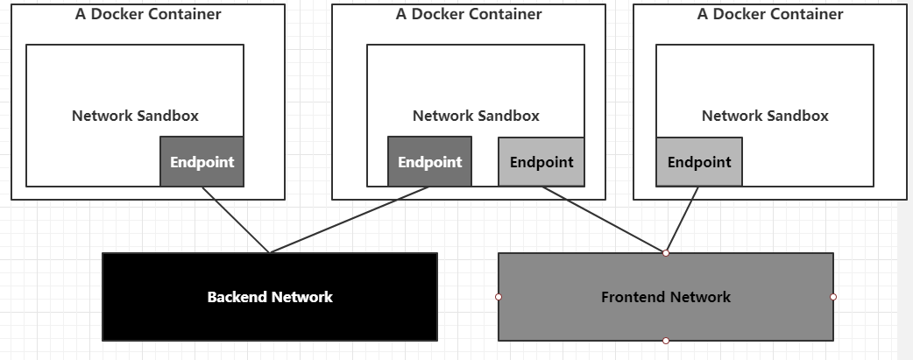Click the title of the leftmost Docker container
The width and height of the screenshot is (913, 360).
tap(147, 14)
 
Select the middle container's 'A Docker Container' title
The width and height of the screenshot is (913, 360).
tap(468, 14)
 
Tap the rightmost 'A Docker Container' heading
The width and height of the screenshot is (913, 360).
tap(769, 14)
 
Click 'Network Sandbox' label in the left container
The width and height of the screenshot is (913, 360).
tap(135, 116)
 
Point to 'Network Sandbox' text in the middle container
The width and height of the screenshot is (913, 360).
tap(476, 116)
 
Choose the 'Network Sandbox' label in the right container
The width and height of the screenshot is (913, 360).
tap(765, 116)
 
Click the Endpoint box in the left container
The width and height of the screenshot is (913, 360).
tap(202, 162)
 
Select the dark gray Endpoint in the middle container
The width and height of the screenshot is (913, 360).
tap(429, 162)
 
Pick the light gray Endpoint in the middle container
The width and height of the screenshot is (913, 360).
tap(541, 162)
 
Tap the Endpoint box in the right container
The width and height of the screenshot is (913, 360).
tap(699, 162)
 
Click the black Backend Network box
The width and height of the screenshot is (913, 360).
tap(270, 297)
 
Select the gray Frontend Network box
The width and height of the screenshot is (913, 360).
tap(666, 297)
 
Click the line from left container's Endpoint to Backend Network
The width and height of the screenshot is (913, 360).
tap(236, 220)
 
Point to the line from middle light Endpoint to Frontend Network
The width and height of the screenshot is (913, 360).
tap(604, 220)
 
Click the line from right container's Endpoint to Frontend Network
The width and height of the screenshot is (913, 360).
tap(683, 220)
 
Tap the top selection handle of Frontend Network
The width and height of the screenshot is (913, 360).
tap(666, 253)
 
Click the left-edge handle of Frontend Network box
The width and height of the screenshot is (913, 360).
tap(499, 297)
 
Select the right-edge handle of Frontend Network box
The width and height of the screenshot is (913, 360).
tap(833, 297)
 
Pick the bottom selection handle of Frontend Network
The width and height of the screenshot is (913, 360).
tap(666, 341)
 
